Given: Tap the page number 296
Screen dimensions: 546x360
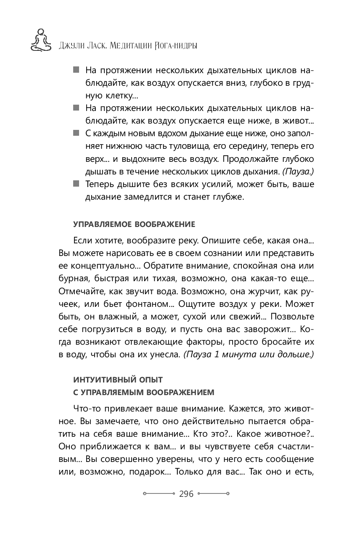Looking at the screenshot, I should point(186,494).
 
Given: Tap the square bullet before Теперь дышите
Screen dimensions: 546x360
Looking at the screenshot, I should point(76,184).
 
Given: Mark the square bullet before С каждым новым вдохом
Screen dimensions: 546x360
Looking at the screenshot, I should point(76,133).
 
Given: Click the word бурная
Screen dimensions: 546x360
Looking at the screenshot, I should point(71,278).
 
